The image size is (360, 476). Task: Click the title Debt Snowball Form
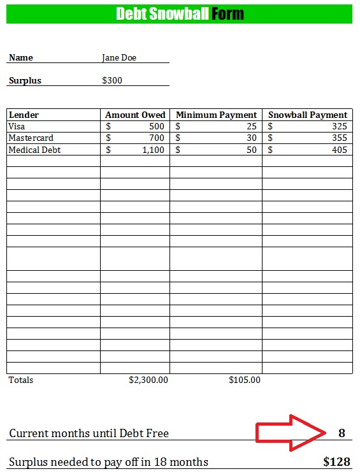tap(180, 14)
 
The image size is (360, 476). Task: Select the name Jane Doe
tap(119, 57)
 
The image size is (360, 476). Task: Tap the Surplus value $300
tap(112, 80)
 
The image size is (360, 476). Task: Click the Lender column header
tap(24, 115)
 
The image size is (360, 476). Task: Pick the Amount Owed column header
tap(135, 115)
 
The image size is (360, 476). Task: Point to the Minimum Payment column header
tap(216, 115)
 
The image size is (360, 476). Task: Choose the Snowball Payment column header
tap(308, 115)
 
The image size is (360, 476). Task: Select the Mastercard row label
tap(31, 138)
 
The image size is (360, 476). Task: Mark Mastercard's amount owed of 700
tap(156, 138)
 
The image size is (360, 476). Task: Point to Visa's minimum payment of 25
tap(252, 126)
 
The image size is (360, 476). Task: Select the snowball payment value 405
tap(340, 150)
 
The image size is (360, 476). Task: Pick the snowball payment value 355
tap(340, 138)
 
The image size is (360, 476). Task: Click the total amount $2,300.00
tap(148, 380)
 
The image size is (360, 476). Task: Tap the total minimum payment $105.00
tap(245, 380)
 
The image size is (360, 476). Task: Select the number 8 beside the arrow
tap(342, 433)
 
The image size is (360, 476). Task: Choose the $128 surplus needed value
tap(336, 461)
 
